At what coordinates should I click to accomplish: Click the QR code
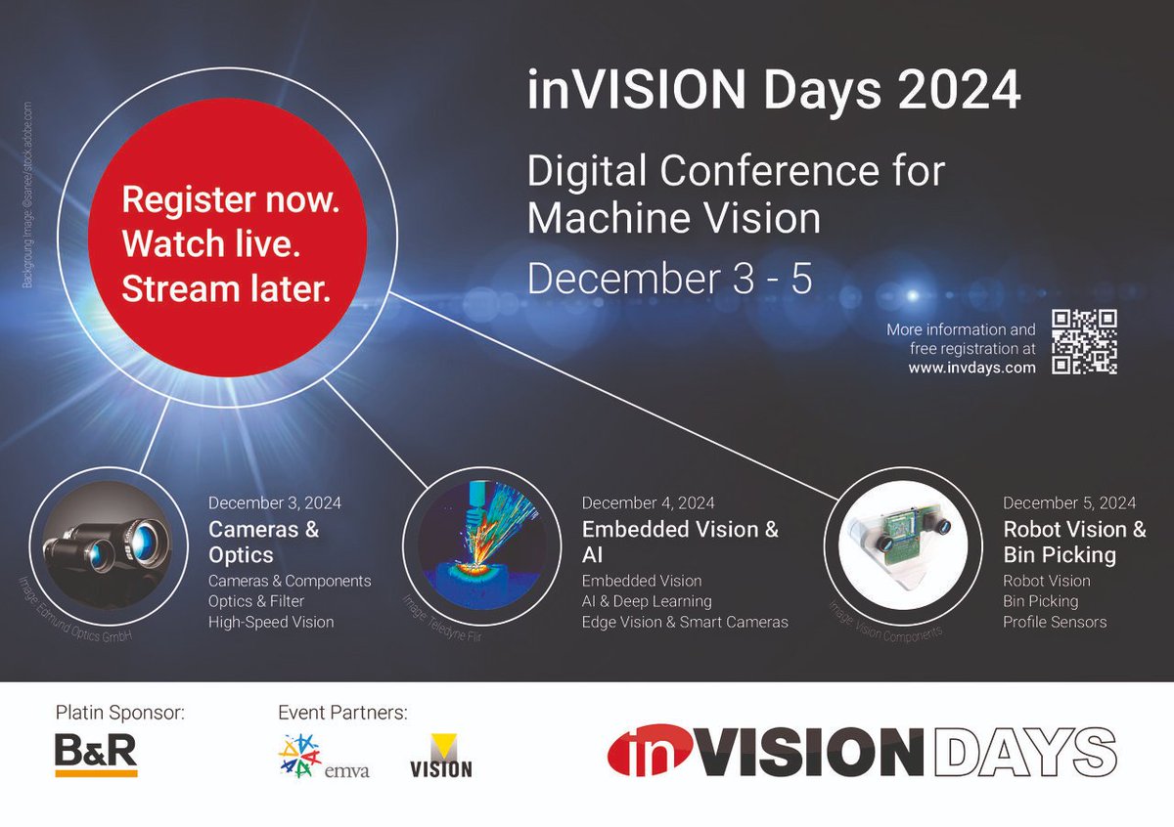tap(1084, 342)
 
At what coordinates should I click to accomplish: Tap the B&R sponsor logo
tap(96, 754)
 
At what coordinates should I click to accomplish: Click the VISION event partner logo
tap(440, 757)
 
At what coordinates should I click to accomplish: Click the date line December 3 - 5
tap(670, 280)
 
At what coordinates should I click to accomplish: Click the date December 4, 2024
tap(648, 503)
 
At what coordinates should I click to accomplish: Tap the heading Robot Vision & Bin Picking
tap(1073, 542)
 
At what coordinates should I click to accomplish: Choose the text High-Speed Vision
tap(271, 622)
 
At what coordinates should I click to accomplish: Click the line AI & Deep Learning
tap(647, 601)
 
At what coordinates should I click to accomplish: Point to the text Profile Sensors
tap(1055, 622)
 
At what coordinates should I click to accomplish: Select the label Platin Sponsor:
tap(119, 713)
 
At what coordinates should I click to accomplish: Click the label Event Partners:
tap(342, 713)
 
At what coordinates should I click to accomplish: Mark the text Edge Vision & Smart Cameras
tap(685, 622)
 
